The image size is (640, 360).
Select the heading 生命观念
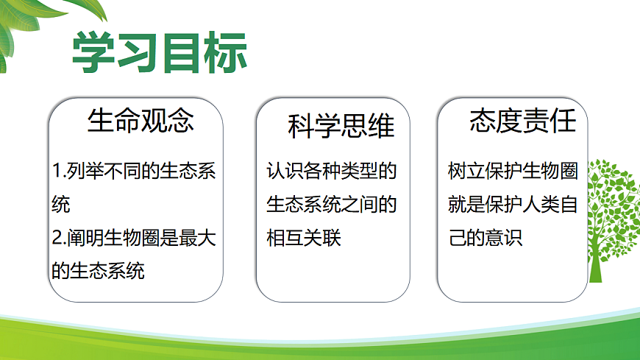coord(141,120)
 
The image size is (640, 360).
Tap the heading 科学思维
coord(341,127)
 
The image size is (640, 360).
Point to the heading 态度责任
coord(523,120)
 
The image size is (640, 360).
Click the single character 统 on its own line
coord(61,205)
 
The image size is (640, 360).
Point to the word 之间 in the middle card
coord(365,205)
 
